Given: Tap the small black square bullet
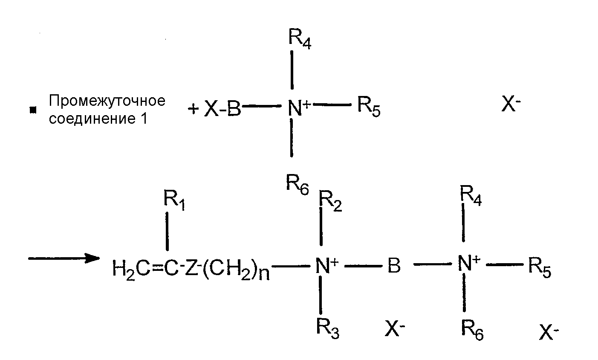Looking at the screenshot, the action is tap(33, 110).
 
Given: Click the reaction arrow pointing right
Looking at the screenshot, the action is tap(64, 258).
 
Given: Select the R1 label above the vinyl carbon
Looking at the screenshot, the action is tap(174, 200).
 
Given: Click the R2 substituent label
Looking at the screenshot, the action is tap(330, 201).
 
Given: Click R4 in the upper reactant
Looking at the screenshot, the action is tap(300, 39).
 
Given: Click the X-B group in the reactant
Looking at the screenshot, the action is tap(222, 109).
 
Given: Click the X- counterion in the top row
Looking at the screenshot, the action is tap(511, 103).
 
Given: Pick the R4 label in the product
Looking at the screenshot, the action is tap(471, 195).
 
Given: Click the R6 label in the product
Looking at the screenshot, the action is tap(472, 330).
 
